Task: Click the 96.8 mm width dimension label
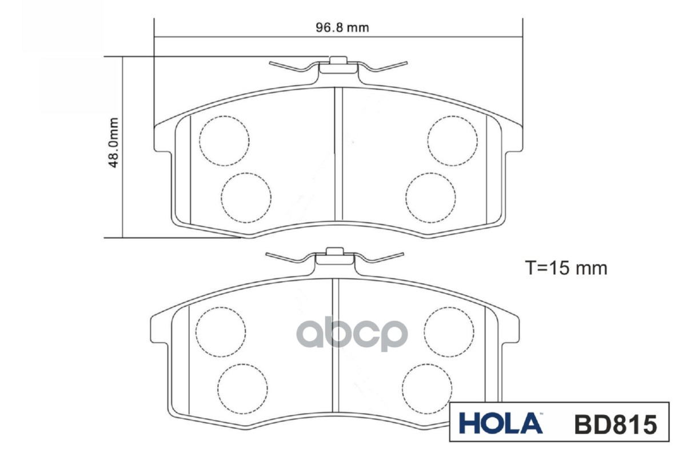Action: point(342,28)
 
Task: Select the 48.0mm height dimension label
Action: point(113,143)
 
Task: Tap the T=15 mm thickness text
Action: point(566,268)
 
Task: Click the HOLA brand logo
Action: point(501,423)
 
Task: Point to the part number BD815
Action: point(616,424)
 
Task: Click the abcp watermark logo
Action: point(352,335)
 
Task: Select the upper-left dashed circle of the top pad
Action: point(224,141)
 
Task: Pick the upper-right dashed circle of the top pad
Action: point(452,141)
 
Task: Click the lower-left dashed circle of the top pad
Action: point(246,198)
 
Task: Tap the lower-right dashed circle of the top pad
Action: point(430,198)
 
